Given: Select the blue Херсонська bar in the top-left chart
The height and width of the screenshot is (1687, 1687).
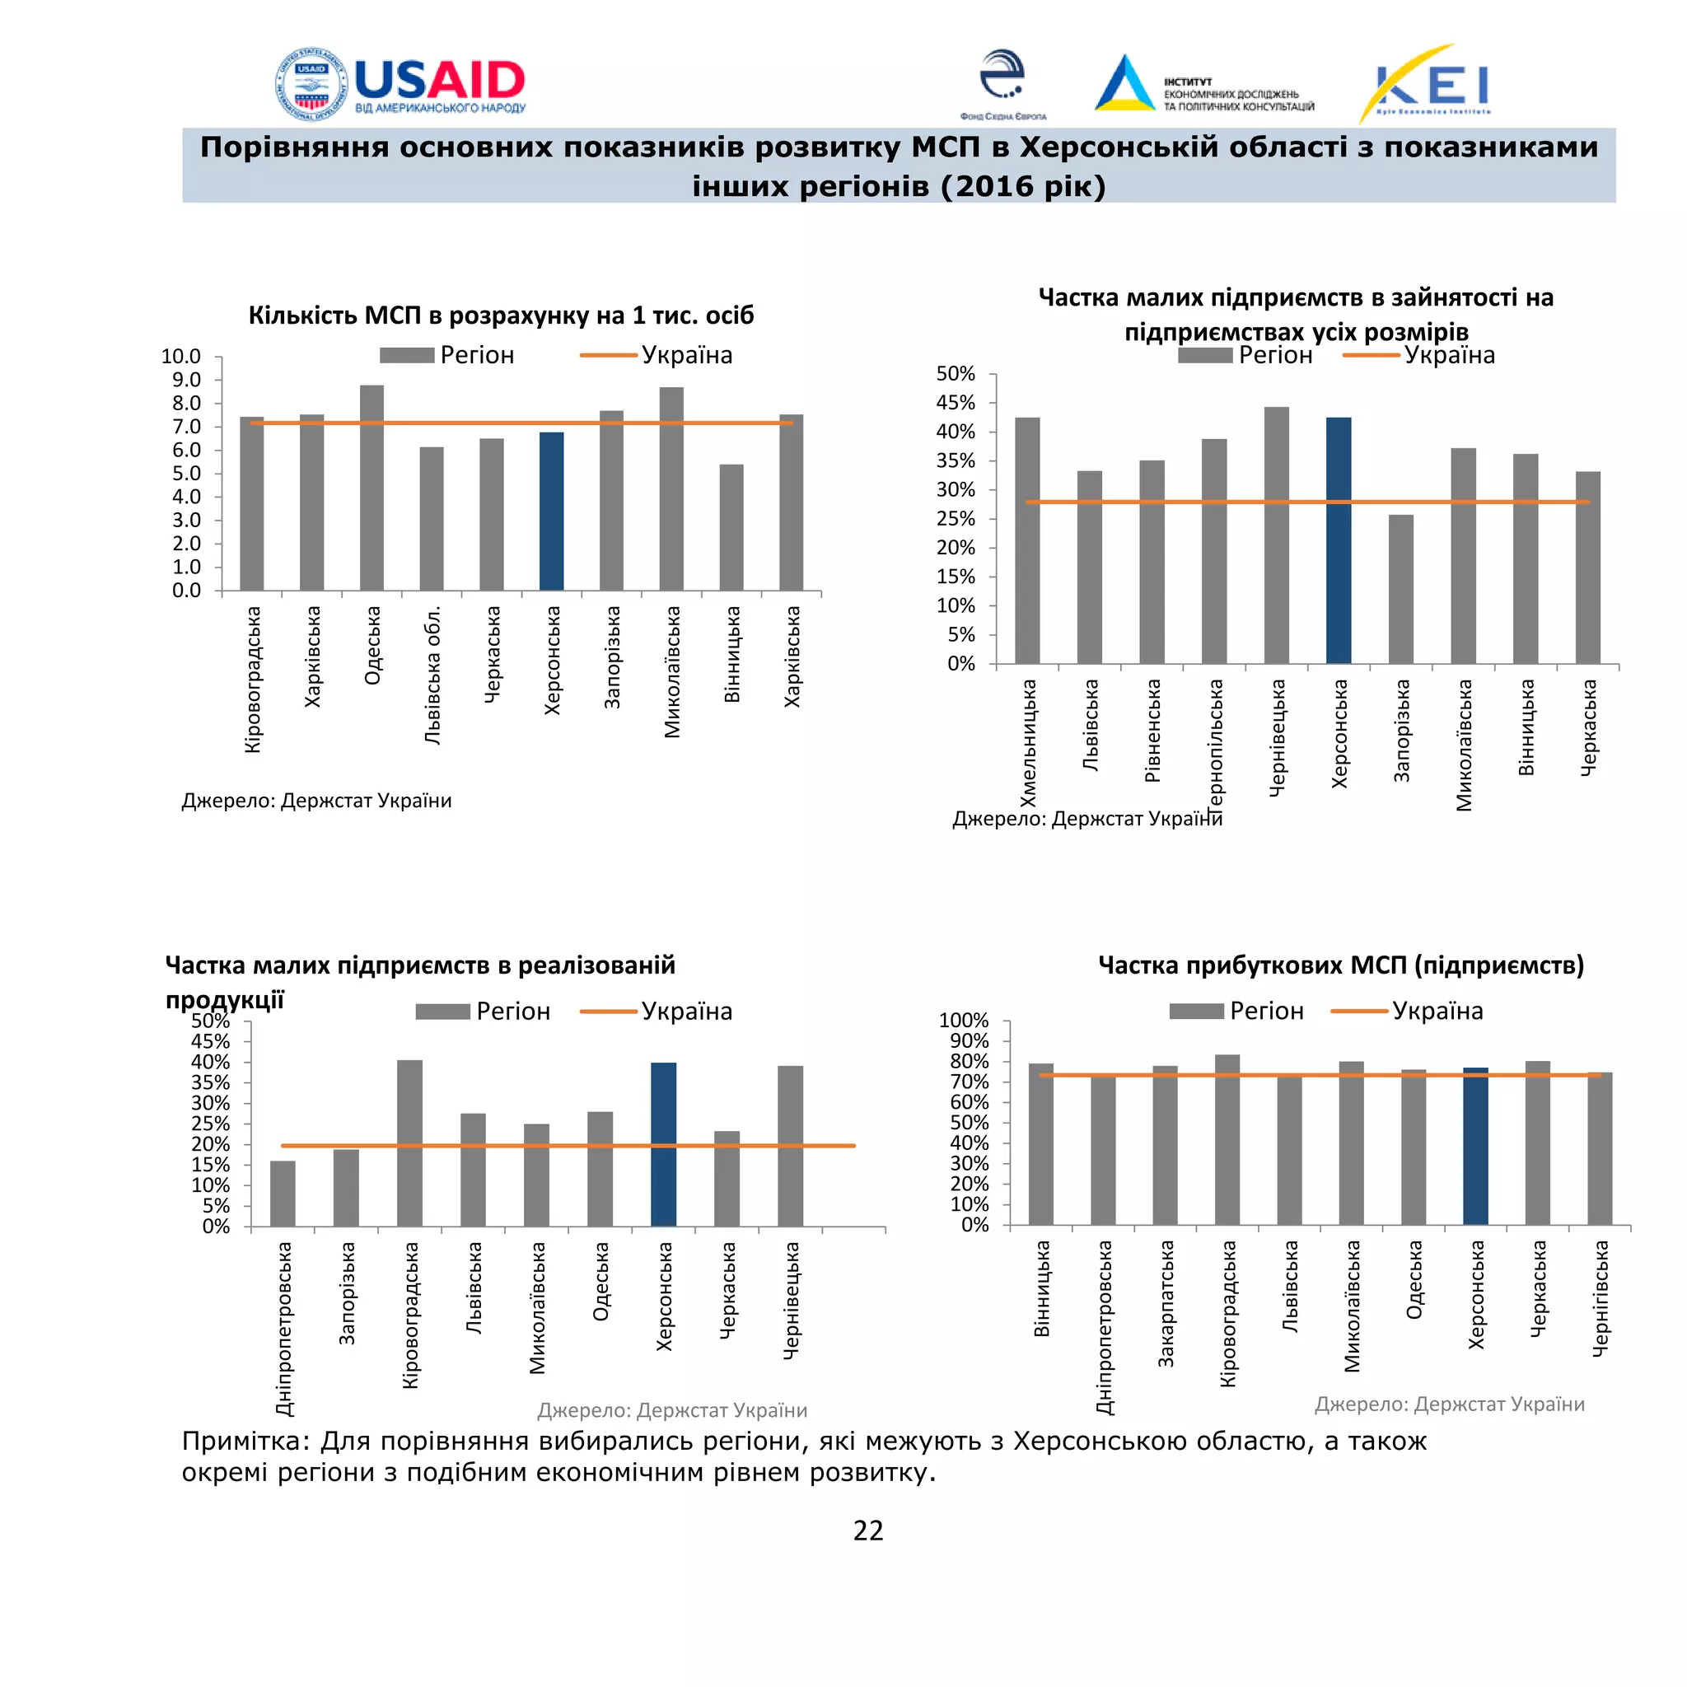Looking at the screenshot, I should tap(551, 512).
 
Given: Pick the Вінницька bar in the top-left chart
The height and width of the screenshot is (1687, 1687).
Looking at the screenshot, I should tap(731, 527).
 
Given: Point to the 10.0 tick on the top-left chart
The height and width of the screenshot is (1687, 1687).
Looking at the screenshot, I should tap(180, 356).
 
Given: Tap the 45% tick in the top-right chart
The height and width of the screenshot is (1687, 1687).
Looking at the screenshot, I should tap(956, 403).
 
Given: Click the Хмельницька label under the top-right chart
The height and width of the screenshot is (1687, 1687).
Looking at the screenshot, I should tap(1029, 743).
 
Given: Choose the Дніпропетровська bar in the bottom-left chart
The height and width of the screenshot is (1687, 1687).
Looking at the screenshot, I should tap(283, 1194).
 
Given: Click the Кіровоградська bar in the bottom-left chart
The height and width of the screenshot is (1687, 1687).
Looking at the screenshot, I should tap(409, 1143).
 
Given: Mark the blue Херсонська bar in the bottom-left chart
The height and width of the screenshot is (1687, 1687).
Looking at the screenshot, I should tap(664, 1144).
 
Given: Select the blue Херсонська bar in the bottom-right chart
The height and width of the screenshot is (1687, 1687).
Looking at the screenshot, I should tap(1475, 1146).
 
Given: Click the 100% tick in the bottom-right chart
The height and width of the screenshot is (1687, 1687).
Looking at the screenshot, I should tap(963, 1021).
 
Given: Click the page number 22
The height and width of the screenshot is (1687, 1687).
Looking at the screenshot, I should tap(868, 1530).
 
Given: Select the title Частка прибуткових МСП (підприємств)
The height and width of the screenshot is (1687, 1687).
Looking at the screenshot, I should tap(1340, 965).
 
